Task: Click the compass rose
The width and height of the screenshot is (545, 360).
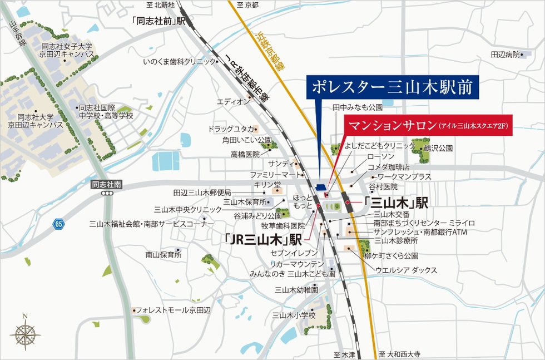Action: click(x=25, y=333)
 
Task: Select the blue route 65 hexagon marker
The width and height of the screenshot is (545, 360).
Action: click(x=59, y=224)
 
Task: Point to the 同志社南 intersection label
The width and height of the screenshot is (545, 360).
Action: click(x=106, y=183)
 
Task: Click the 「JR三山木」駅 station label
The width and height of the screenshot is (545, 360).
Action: click(x=263, y=240)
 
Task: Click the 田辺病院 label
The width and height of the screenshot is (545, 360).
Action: click(x=505, y=55)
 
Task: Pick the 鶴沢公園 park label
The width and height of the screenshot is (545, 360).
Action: click(x=438, y=149)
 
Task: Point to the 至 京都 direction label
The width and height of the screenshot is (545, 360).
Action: click(x=247, y=5)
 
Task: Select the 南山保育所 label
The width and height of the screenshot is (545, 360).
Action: click(x=163, y=255)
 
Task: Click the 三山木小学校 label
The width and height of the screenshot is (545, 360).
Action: click(x=294, y=315)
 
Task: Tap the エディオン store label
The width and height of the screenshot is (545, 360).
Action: click(x=233, y=102)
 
